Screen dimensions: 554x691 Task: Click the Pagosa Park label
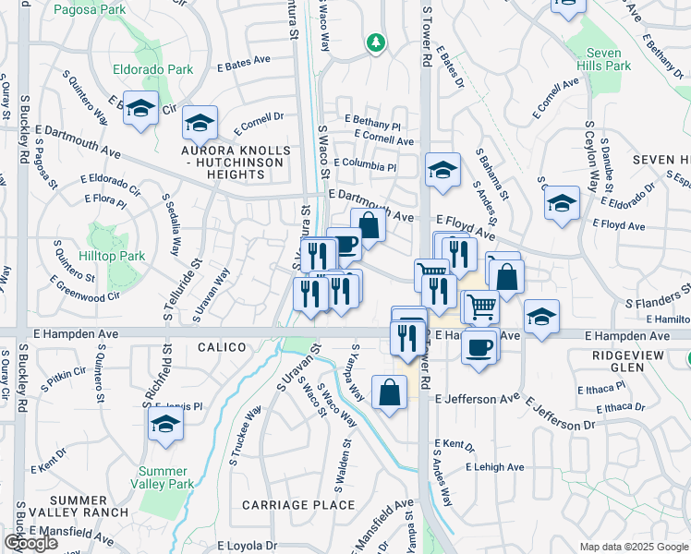(x=89, y=10)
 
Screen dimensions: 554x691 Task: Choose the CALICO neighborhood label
(x=222, y=347)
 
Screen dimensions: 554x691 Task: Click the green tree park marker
(x=375, y=42)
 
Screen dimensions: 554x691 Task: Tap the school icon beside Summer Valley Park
(x=165, y=425)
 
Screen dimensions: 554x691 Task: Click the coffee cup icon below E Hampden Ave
(x=479, y=348)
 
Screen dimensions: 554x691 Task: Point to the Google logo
(x=30, y=543)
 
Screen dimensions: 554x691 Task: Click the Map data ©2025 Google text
(x=634, y=547)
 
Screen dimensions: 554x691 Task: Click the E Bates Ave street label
(x=244, y=64)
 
